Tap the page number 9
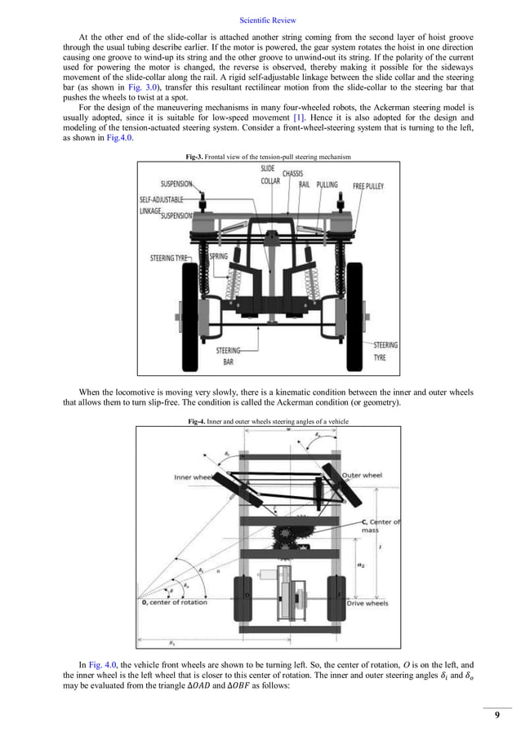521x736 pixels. [497, 716]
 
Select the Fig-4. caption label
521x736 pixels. [198, 420]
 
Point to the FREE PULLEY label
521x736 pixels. [369, 186]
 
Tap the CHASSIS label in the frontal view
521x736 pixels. [293, 174]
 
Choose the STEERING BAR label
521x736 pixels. [229, 354]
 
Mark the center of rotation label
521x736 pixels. [175, 602]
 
